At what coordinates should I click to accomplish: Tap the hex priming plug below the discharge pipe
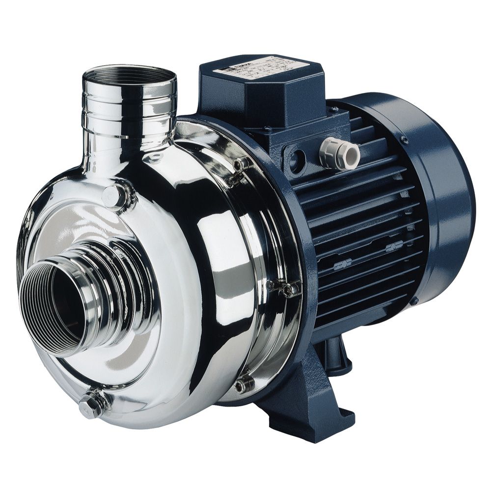coord(115,195)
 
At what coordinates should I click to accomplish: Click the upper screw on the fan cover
coord(405,141)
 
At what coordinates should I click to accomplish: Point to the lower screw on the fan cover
coord(413,300)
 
